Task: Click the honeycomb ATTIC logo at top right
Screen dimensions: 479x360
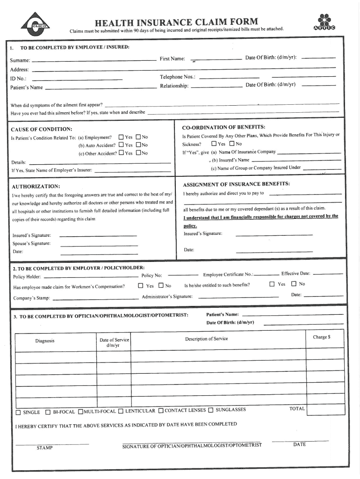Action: pos(324,23)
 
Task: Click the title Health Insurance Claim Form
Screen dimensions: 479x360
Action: pos(176,22)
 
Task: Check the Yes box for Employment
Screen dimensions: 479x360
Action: pos(121,137)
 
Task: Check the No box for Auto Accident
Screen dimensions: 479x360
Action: pos(138,145)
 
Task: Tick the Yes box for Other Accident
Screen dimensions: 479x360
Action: pos(122,153)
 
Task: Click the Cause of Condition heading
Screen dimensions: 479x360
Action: pos(41,129)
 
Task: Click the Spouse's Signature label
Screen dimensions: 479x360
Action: pos(31,243)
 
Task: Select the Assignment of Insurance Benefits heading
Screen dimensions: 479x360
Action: pos(236,183)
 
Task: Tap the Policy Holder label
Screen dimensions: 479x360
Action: pos(27,276)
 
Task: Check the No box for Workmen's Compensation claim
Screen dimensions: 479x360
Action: pos(161,285)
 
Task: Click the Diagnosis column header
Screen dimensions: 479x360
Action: pos(45,341)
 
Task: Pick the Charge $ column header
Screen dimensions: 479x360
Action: pos(322,337)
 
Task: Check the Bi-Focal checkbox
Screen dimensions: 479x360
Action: pos(48,413)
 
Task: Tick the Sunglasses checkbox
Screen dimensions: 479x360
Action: pos(210,411)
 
